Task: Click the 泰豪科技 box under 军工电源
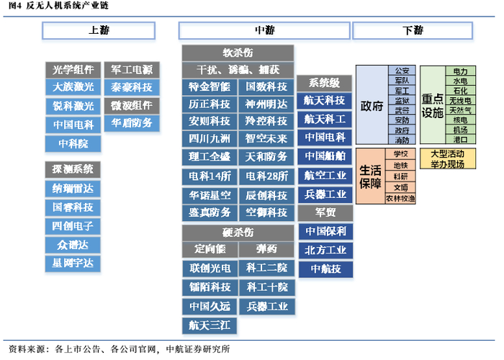[x=132, y=87]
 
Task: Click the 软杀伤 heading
[x=238, y=53]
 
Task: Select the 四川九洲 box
[x=210, y=138]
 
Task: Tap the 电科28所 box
[x=266, y=176]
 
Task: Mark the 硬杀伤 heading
[x=238, y=233]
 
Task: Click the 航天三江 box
[x=210, y=325]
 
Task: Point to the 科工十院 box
[x=266, y=287]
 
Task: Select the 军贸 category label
[x=325, y=213]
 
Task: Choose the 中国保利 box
[x=325, y=232]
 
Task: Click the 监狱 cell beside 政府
[x=402, y=101]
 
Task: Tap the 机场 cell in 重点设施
[x=460, y=130]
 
